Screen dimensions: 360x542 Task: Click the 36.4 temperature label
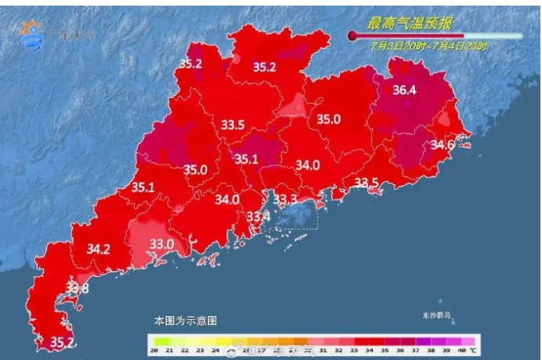(405, 90)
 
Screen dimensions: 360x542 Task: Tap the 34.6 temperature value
(442, 145)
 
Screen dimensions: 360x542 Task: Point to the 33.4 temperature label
(258, 216)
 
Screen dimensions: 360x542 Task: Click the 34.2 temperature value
(98, 249)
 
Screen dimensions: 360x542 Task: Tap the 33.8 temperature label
(77, 288)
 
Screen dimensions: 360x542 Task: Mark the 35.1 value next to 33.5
(247, 159)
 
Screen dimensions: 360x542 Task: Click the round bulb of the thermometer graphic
(351, 35)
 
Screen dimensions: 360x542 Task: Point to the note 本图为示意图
(185, 320)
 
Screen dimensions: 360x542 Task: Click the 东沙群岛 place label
(437, 315)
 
